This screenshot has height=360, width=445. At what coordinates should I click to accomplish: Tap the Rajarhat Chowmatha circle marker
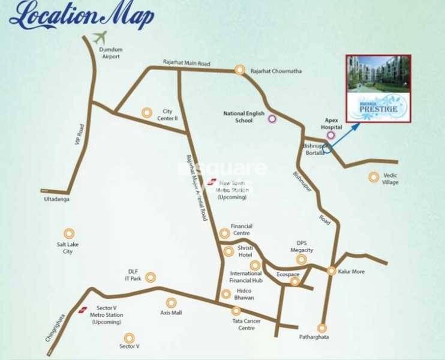(x=240, y=70)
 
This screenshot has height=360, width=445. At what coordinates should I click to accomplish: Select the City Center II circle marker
(x=147, y=112)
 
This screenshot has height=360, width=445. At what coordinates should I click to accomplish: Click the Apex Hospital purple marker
(x=330, y=136)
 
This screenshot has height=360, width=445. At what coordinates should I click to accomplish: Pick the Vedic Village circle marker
(x=374, y=176)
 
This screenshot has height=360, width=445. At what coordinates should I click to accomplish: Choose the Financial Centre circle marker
(x=224, y=233)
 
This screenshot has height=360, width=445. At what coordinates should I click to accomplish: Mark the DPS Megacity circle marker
(x=302, y=259)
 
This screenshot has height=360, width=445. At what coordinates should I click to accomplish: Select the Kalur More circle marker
(x=331, y=271)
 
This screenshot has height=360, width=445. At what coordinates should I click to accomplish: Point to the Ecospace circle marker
(x=294, y=281)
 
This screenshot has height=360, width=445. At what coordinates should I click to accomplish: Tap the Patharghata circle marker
(x=322, y=328)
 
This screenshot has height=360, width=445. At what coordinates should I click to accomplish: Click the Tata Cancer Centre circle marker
(x=236, y=311)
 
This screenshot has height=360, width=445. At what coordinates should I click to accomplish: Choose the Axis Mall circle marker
(x=172, y=303)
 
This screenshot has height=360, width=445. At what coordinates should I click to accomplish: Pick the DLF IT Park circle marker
(x=151, y=277)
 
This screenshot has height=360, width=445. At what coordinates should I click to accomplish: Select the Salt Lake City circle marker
(x=69, y=233)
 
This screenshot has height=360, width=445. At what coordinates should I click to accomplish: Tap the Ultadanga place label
(x=56, y=199)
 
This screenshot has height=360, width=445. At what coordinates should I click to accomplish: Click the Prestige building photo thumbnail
(x=378, y=88)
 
